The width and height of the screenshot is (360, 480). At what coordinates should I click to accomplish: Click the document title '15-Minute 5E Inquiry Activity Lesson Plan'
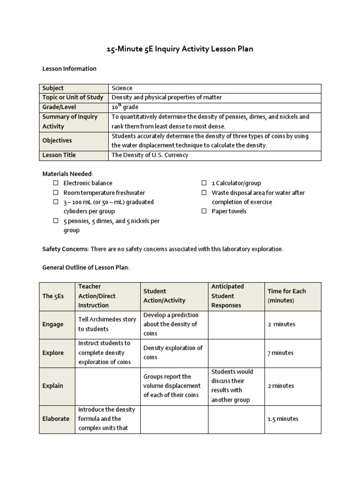pos(180,49)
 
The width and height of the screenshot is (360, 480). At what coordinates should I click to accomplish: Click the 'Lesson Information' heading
pos(69,69)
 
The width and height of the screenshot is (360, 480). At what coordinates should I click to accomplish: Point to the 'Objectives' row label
pos(57,141)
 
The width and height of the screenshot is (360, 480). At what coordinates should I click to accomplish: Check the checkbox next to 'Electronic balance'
pos(55,183)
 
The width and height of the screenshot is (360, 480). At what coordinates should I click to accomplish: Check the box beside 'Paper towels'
pos(204,211)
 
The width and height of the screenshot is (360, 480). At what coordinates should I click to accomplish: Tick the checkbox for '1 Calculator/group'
pos(204,183)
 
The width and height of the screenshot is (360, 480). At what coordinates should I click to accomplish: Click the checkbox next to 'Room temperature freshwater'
pos(55,193)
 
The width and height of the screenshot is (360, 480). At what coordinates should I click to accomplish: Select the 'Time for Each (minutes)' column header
pos(286,296)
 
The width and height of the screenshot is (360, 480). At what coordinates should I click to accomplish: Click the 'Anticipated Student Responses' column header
pos(232,296)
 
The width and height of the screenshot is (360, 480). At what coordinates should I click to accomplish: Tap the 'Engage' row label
pos(53,324)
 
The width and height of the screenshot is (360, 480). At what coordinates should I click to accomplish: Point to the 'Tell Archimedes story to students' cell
pos(107,324)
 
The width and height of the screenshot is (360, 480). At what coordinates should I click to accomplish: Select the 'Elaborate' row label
pos(56,419)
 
